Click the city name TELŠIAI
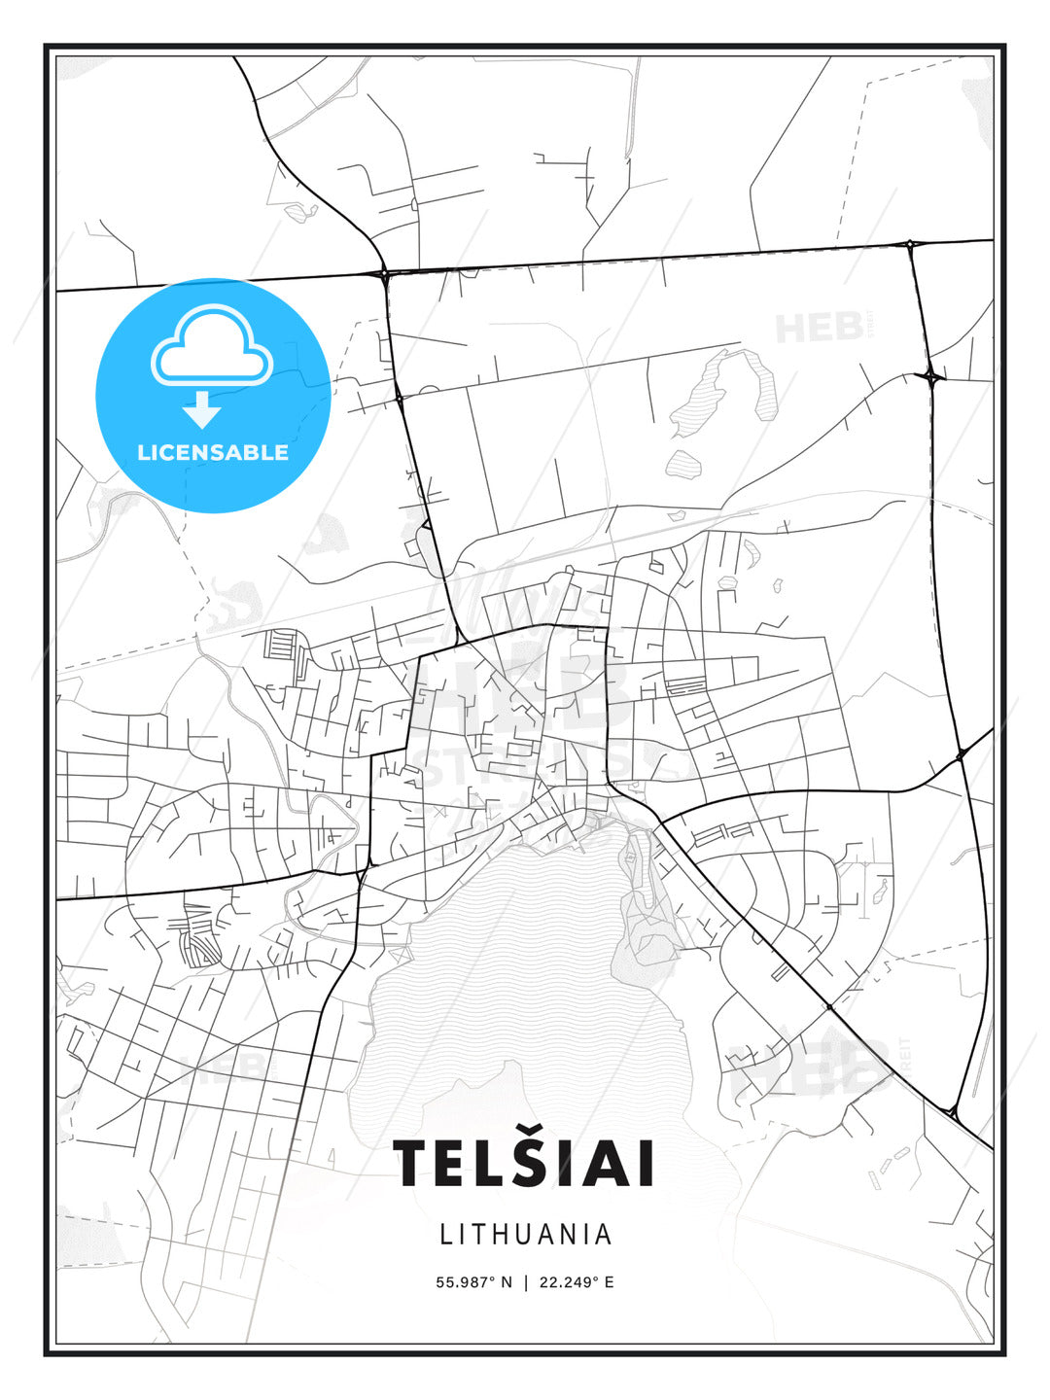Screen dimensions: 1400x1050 click(523, 1163)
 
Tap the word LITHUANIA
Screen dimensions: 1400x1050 click(526, 1234)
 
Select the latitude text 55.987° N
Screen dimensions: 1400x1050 click(473, 1281)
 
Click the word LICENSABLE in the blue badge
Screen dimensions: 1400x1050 click(213, 452)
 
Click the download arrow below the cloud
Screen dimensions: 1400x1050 click(202, 409)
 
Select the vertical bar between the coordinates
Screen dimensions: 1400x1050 click(525, 1281)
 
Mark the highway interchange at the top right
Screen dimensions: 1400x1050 click(910, 244)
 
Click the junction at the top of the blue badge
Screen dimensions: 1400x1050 click(385, 275)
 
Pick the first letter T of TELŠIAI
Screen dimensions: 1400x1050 click(411, 1164)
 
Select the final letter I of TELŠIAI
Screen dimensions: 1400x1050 click(642, 1164)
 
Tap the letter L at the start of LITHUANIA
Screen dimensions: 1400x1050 click(446, 1234)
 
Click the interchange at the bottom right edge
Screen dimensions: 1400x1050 click(952, 1109)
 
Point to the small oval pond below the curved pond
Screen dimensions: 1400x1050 click(683, 463)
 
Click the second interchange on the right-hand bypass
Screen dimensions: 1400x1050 click(931, 375)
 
